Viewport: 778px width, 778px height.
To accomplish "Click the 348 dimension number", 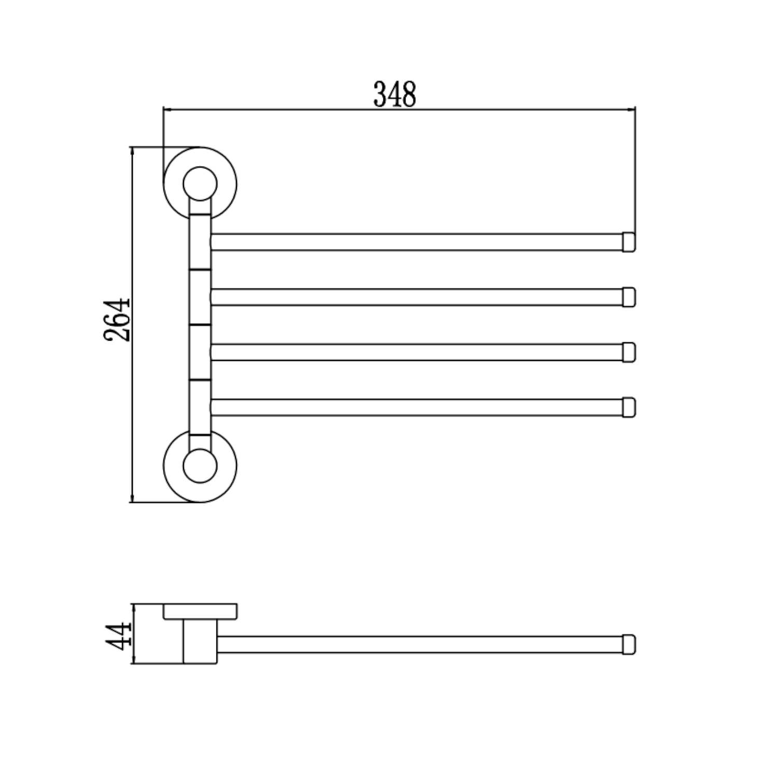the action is [x=395, y=94].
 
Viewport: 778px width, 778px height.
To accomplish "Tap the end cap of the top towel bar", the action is [x=629, y=242].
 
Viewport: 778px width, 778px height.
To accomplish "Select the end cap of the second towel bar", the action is [x=629, y=297].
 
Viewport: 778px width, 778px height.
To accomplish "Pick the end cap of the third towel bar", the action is [x=629, y=352].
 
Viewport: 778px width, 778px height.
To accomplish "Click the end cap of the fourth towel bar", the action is [x=629, y=407].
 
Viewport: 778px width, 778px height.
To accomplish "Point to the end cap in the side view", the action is [x=629, y=644].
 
